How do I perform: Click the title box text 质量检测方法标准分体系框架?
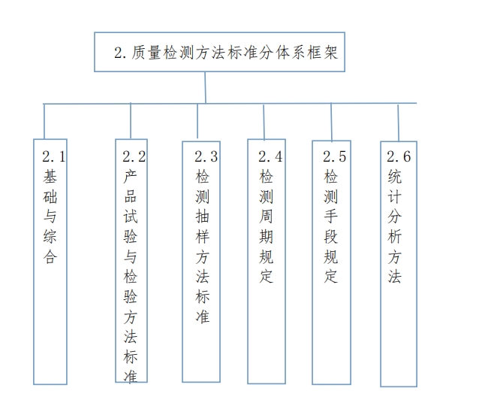click(234, 53)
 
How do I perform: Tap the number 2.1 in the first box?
click(54, 156)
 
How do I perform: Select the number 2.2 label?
click(134, 156)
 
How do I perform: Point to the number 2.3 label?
click(206, 156)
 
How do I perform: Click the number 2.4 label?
click(270, 156)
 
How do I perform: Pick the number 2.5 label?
click(335, 156)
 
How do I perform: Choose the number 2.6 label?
click(399, 156)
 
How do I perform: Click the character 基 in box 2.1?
click(50, 177)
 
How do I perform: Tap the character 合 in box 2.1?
click(50, 257)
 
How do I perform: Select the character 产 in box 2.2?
click(130, 177)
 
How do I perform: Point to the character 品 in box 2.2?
click(130, 196)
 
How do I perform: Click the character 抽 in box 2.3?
click(202, 217)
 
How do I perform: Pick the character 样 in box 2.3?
click(202, 237)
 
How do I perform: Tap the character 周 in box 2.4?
click(266, 217)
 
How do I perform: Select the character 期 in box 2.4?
click(266, 237)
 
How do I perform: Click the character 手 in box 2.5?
click(330, 217)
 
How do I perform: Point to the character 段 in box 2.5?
click(330, 237)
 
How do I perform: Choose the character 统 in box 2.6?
click(395, 177)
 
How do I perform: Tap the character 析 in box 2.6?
click(395, 237)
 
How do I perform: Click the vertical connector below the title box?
click(205, 87)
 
